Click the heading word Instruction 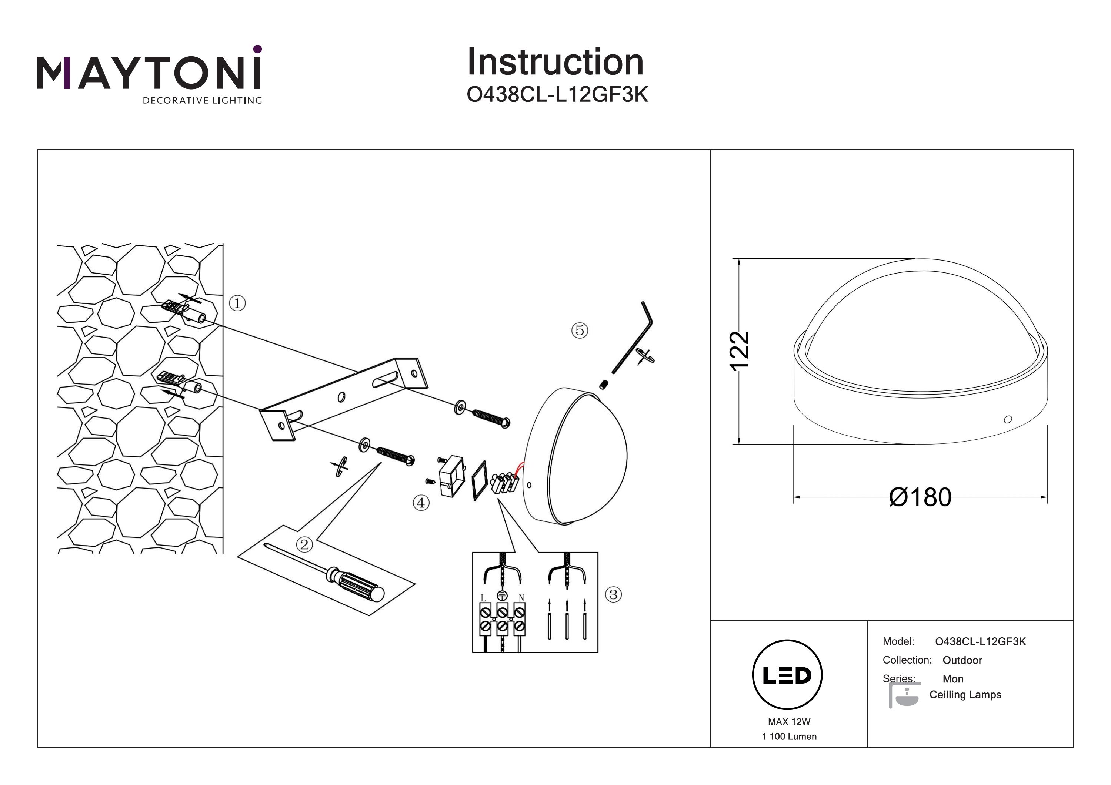pyautogui.click(x=555, y=63)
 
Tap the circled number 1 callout pyautogui.click(x=237, y=303)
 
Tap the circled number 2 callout pyautogui.click(x=304, y=545)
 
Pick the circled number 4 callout pyautogui.click(x=421, y=503)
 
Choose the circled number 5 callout pyautogui.click(x=580, y=331)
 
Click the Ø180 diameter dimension pyautogui.click(x=920, y=497)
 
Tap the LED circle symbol pyautogui.click(x=787, y=675)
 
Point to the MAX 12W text pyautogui.click(x=789, y=722)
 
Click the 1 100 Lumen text pyautogui.click(x=789, y=736)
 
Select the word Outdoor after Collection pyautogui.click(x=962, y=660)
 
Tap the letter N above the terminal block pyautogui.click(x=521, y=598)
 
